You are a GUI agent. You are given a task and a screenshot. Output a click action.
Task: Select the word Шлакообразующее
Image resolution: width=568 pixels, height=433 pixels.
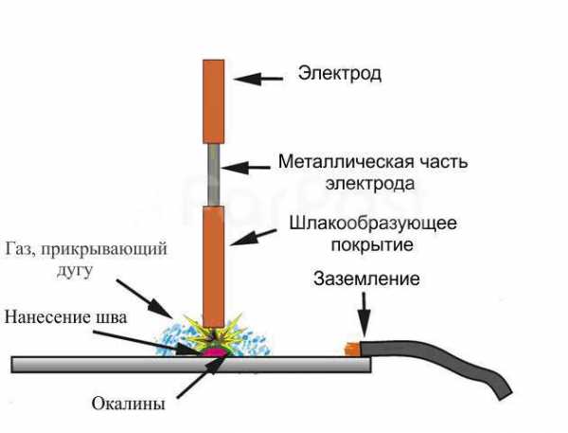368,226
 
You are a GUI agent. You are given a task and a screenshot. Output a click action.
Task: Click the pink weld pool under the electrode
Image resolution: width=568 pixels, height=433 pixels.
213,353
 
